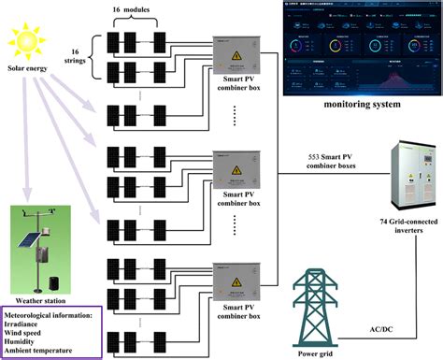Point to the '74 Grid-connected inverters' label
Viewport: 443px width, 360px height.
(402, 225)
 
